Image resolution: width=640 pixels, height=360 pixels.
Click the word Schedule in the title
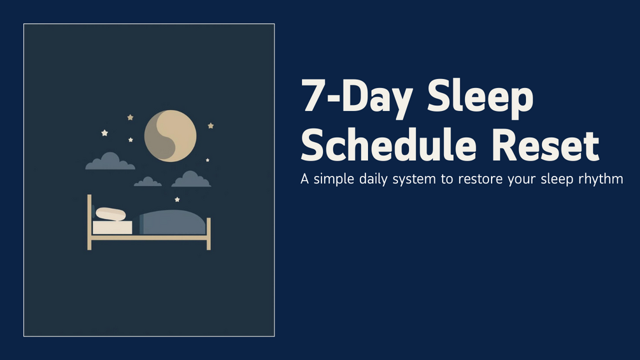[x=388, y=145]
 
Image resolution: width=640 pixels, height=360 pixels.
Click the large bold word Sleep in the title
[x=480, y=98]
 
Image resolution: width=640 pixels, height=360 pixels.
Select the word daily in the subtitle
[x=373, y=179]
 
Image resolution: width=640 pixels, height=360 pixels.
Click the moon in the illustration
[x=170, y=136]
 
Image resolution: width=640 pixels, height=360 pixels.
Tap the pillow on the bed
[x=111, y=214]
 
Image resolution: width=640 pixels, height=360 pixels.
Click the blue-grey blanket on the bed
[x=173, y=222]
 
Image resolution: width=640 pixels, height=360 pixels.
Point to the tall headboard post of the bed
[x=89, y=222]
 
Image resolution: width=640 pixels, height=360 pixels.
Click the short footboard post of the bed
[x=209, y=233]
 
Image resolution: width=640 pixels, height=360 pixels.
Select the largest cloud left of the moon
[x=110, y=161]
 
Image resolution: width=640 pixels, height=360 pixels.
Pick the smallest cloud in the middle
[x=148, y=182]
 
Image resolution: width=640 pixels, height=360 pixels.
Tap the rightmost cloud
[x=191, y=179]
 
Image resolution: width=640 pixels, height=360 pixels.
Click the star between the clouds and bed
[x=177, y=199]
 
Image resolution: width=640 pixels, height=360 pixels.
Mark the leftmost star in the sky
[x=104, y=133]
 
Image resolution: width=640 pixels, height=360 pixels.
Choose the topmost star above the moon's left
[x=130, y=117]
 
